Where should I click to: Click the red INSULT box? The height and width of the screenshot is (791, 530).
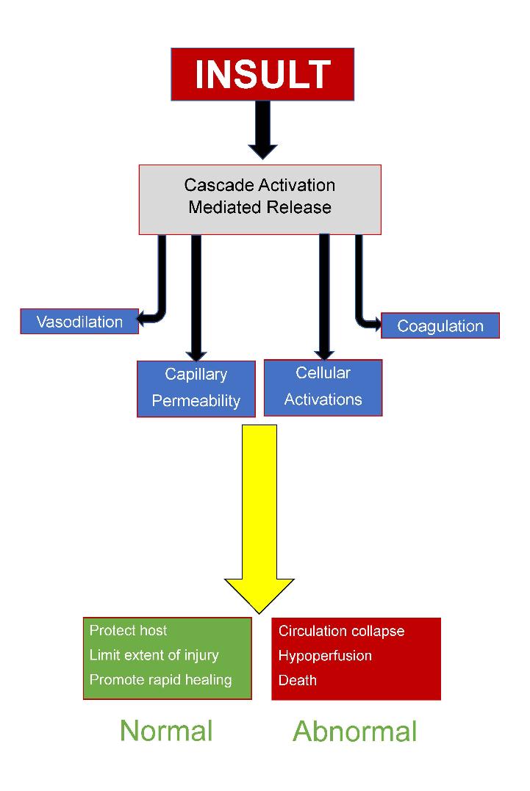(262, 74)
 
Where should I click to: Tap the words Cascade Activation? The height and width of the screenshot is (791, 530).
(259, 185)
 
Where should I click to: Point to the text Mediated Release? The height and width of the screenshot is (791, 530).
(259, 207)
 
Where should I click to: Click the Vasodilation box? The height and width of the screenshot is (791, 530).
(79, 322)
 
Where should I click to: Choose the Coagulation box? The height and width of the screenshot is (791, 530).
(440, 326)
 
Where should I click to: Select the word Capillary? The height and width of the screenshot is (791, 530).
(196, 374)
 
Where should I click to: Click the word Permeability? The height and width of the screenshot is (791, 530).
(196, 401)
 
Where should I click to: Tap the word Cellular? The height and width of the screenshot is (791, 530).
(323, 372)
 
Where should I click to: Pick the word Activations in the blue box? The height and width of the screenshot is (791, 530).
(323, 400)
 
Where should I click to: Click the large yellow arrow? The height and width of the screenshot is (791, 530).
(259, 514)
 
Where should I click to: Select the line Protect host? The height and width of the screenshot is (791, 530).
(128, 630)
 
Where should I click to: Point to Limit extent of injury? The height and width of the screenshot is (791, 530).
(154, 654)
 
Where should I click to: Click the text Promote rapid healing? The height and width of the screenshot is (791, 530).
(160, 679)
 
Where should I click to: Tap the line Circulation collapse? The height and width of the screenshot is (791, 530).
(341, 631)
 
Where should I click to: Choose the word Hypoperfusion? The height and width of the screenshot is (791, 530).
(325, 656)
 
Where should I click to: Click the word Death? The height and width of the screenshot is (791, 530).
(298, 680)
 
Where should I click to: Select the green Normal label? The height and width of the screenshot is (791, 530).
(166, 731)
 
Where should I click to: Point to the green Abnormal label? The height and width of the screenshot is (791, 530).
(354, 732)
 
